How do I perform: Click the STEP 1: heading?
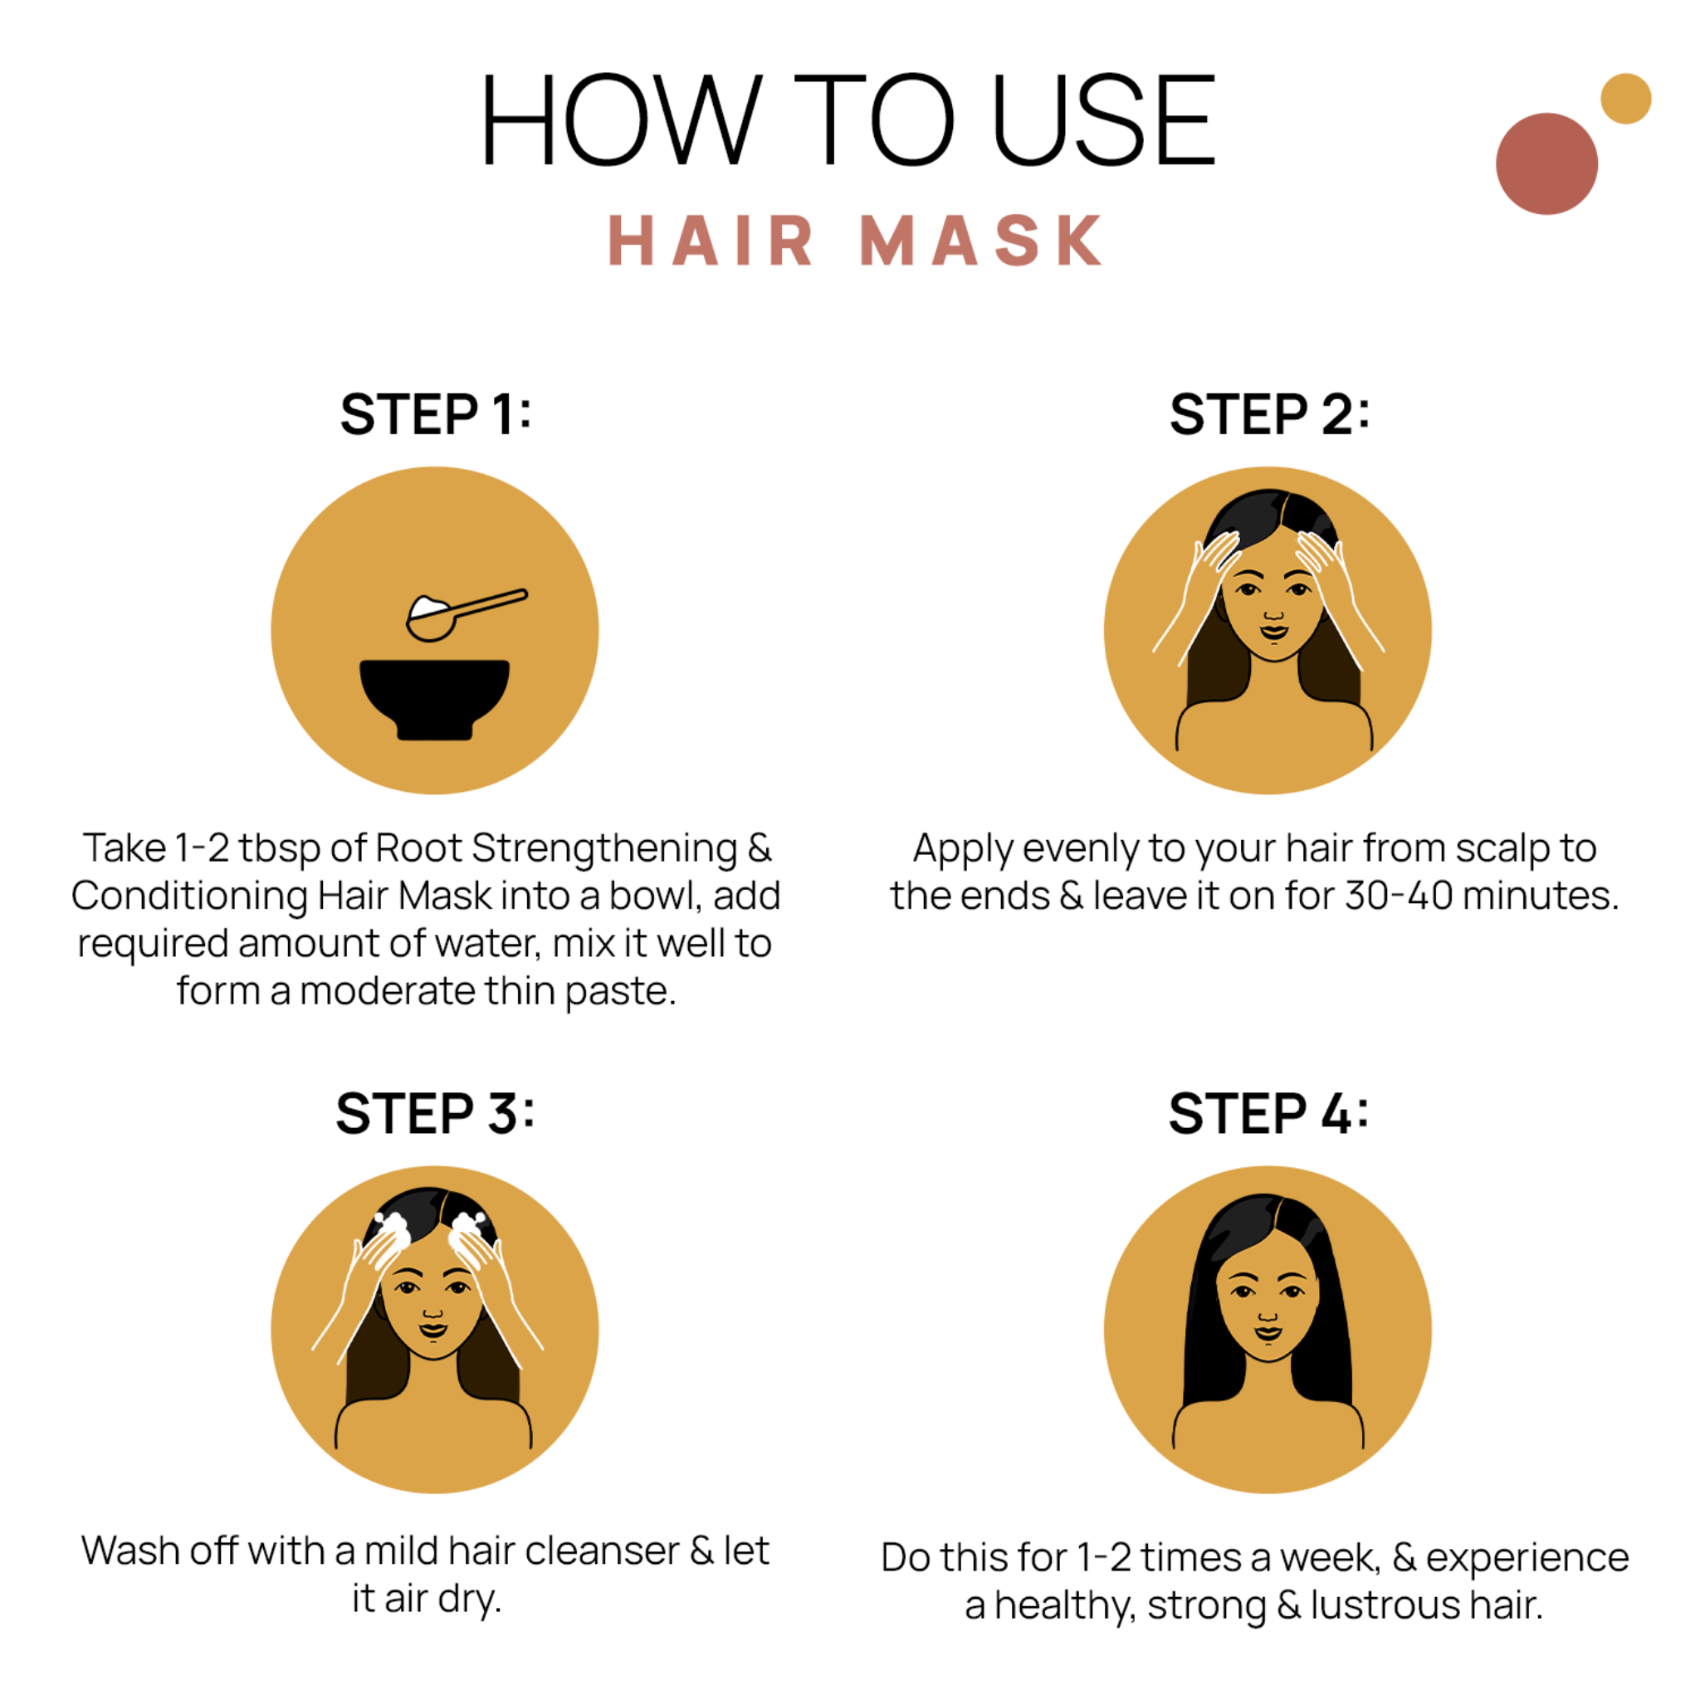point(436,414)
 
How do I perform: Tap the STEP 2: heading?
point(1269,414)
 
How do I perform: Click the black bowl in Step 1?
point(434,695)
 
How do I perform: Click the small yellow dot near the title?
point(1625,99)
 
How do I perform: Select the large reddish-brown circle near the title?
point(1546,164)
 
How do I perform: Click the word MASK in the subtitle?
point(980,240)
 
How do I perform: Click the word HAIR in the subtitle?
point(710,240)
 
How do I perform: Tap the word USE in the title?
point(1104,120)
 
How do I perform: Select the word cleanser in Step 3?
point(602,1551)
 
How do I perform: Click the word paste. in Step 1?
point(620,992)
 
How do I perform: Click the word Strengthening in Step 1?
point(604,849)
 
